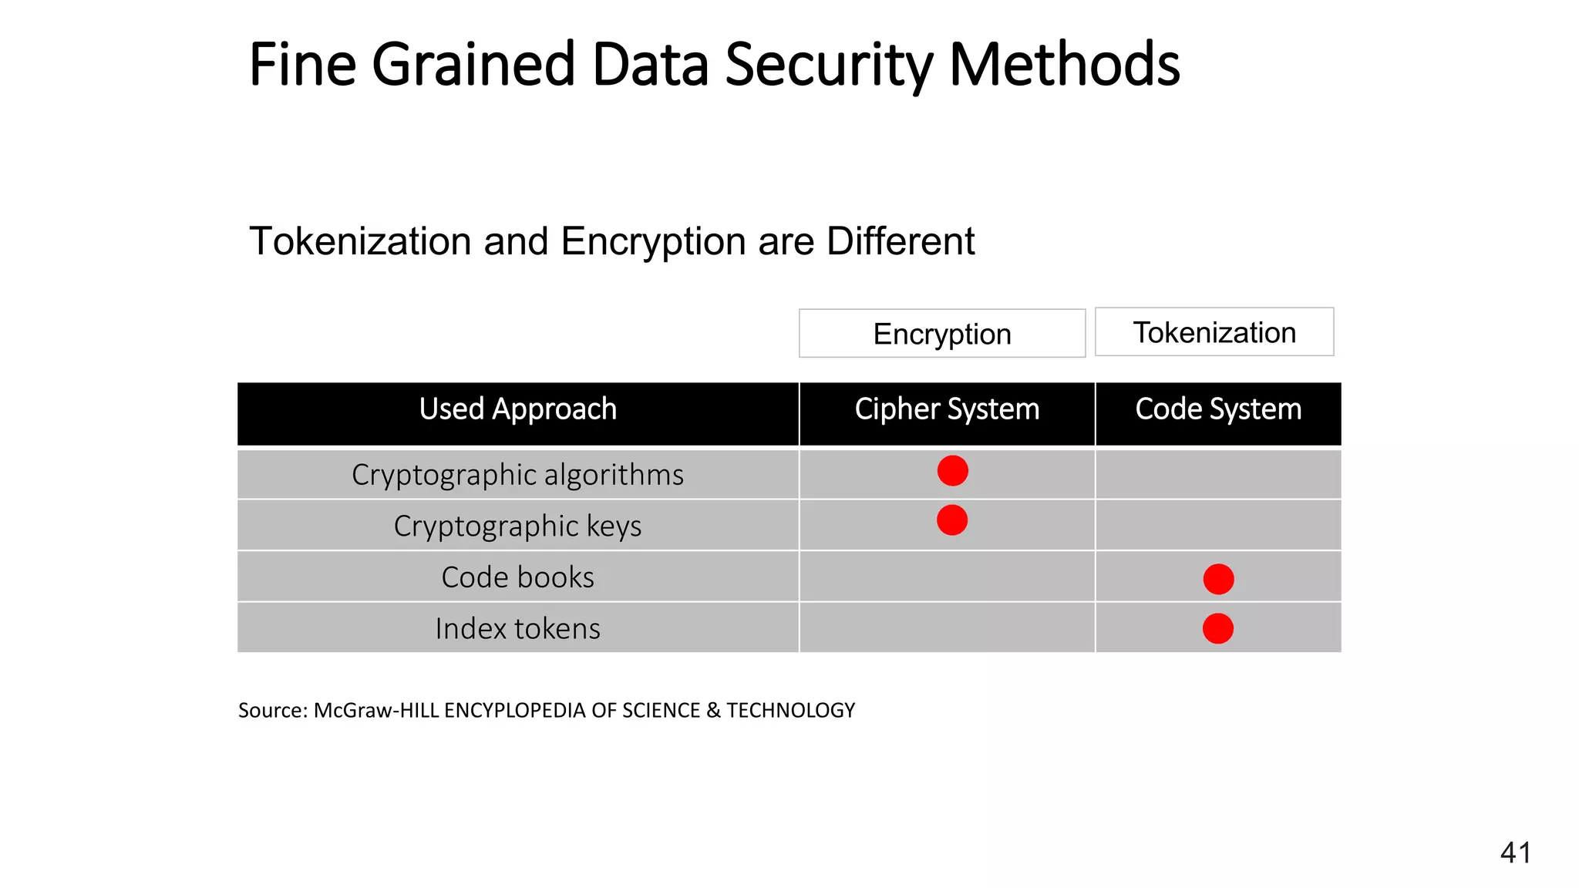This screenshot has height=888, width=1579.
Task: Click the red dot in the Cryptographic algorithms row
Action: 952,471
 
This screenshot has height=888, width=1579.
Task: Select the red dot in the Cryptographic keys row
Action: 952,520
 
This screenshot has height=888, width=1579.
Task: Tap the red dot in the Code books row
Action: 1218,579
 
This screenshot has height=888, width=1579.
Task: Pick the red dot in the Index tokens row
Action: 1218,628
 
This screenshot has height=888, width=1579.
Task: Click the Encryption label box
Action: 942,334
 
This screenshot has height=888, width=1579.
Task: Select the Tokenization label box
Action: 1214,332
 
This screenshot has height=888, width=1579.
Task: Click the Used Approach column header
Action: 517,409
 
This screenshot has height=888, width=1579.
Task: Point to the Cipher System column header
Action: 947,409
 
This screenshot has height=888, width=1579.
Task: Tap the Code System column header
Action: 1218,409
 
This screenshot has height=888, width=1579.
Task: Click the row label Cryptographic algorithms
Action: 517,475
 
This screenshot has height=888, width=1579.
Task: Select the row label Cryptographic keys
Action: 517,526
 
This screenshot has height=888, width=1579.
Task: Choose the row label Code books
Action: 517,577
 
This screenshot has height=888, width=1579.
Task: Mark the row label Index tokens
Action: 517,629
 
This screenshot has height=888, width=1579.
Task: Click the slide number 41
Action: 1515,853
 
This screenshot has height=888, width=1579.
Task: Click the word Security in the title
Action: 828,65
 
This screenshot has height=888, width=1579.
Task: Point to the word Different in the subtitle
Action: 901,241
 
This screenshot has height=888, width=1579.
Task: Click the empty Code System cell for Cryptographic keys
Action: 1218,525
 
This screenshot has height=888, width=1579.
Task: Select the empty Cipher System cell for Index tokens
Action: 947,627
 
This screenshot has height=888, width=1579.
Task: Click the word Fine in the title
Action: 302,65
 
